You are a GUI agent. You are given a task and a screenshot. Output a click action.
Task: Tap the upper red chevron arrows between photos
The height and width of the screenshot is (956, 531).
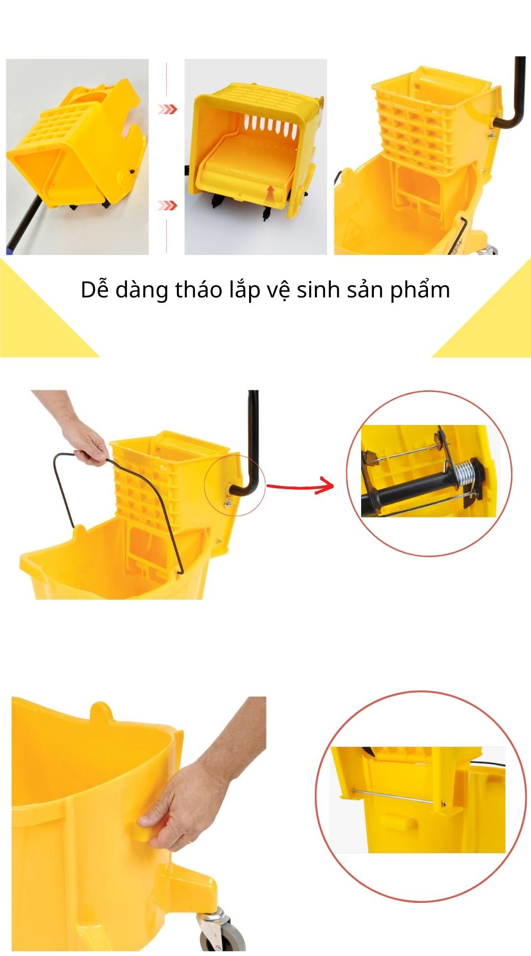pyautogui.click(x=168, y=109)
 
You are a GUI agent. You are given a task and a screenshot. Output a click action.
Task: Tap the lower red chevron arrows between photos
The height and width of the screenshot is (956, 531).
pyautogui.click(x=168, y=206)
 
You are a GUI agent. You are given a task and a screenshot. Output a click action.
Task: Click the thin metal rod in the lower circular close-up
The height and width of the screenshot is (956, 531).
pyautogui.click(x=398, y=798)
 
